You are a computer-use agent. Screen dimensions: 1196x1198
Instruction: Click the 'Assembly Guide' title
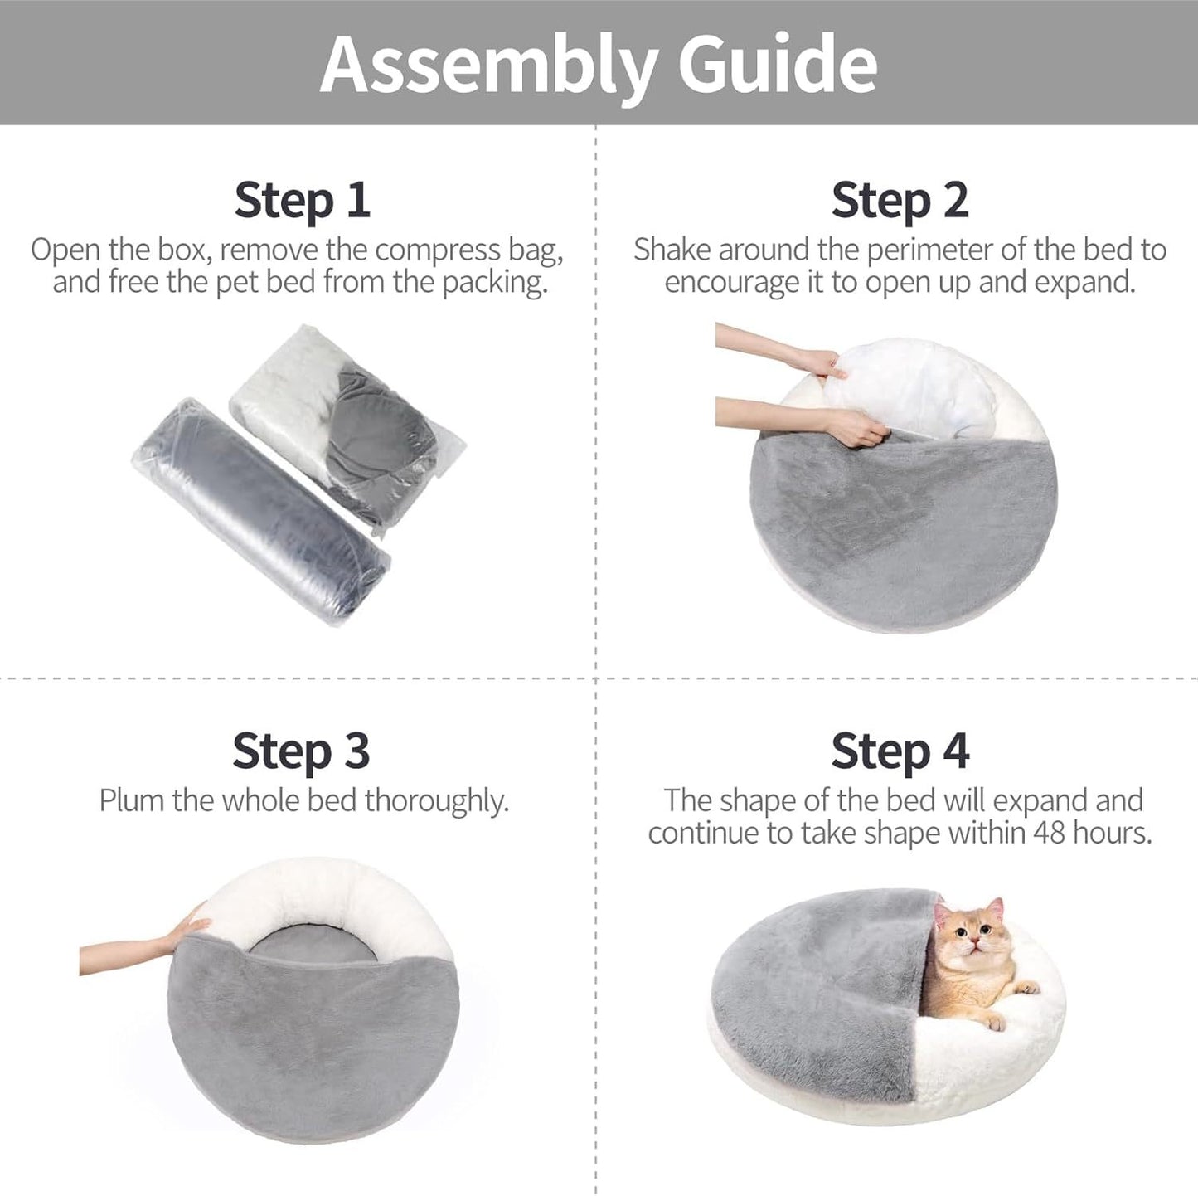(598, 65)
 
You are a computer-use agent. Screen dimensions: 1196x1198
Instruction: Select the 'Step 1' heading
(302, 201)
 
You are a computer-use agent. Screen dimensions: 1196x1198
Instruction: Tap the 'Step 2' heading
(900, 201)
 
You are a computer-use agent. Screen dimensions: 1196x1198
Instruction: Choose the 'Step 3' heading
(301, 751)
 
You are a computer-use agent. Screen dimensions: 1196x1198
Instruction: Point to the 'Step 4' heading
(900, 751)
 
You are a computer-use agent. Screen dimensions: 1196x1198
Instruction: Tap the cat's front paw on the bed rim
(1026, 987)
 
